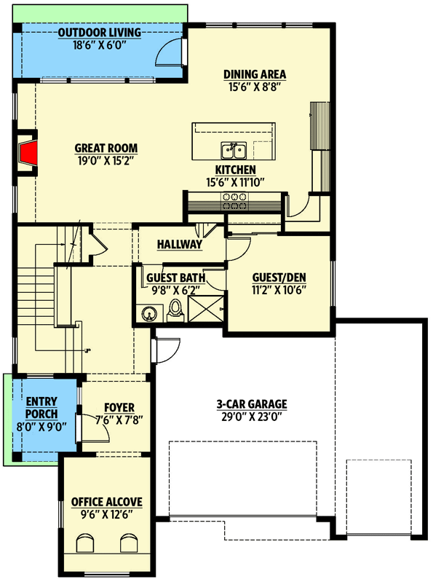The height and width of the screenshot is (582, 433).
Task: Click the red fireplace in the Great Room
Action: point(28,154)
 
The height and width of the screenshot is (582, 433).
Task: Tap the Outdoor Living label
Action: point(99,33)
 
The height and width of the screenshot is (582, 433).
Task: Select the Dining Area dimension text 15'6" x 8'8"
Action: point(254,87)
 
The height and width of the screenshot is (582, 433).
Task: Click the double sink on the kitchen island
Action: point(234,151)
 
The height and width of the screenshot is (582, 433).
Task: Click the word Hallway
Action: point(180,245)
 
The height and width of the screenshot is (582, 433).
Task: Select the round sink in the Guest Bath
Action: point(148,314)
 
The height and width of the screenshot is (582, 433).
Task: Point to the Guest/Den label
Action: point(279,278)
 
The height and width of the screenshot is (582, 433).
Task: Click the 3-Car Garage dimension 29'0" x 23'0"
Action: point(252,417)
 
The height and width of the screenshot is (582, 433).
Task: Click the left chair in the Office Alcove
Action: point(86,544)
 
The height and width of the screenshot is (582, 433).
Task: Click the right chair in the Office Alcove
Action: point(129,544)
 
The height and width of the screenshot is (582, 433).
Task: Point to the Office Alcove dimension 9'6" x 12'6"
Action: point(106,514)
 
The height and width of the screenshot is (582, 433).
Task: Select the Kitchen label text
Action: point(235,169)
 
